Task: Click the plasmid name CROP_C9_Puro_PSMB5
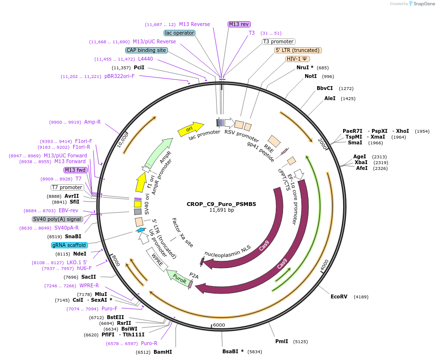pos(221,204)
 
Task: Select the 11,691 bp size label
pos(221,210)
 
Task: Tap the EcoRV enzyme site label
pos(339,296)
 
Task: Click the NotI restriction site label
pos(311,77)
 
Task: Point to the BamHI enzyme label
pos(163,352)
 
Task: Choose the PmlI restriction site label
pos(282,341)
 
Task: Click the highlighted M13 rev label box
pos(239,24)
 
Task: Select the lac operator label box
pos(180,33)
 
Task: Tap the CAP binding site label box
pos(146,50)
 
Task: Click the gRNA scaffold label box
pos(70,245)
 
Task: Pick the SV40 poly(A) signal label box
pos(58,219)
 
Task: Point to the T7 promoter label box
pos(67,187)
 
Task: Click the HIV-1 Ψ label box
pos(297,59)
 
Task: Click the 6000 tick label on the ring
pos(219,325)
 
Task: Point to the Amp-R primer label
pos(92,122)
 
